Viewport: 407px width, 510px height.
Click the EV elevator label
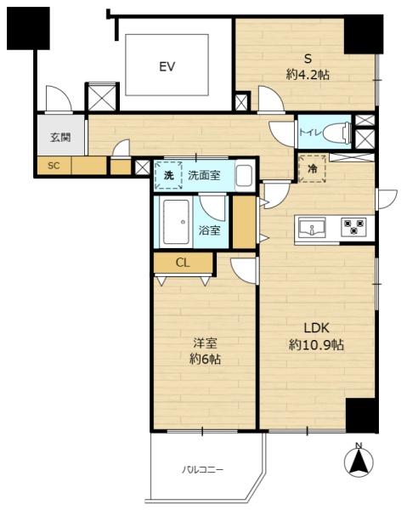coord(167,66)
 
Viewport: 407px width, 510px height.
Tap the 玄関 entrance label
coord(60,137)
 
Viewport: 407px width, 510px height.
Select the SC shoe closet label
coord(54,166)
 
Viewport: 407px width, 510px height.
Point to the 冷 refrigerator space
coord(312,168)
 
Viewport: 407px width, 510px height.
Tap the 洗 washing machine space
coord(168,176)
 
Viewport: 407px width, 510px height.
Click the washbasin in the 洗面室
coord(244,176)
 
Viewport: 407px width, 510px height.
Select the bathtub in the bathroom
coord(176,222)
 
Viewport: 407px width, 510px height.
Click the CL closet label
coord(183,263)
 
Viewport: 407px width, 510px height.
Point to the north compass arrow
coord(359,462)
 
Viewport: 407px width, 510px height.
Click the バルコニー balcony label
coord(202,470)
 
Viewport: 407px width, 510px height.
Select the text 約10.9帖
coord(316,345)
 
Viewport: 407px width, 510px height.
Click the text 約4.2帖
coord(308,75)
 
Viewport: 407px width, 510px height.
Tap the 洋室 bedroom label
coord(205,343)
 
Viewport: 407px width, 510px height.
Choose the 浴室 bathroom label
coord(209,230)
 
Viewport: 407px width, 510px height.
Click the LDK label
coord(316,328)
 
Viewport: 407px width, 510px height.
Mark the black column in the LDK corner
coord(362,416)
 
